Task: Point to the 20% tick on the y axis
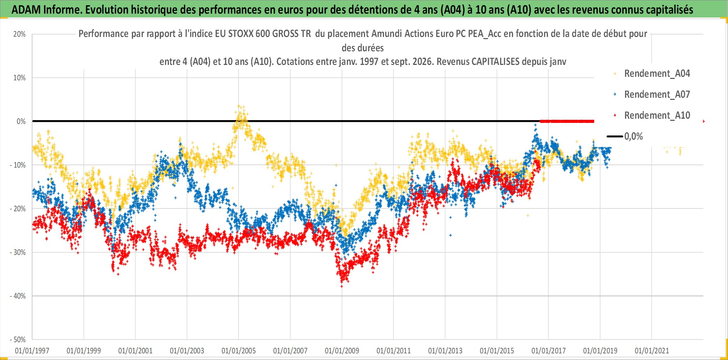pos(20,34)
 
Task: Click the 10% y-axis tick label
pos(20,78)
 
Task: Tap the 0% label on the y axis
pos(21,122)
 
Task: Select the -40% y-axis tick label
pos(18,296)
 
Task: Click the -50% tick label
pos(18,340)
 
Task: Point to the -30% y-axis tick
pos(18,252)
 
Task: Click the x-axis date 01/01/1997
pos(32,351)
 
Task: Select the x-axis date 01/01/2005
pos(239,351)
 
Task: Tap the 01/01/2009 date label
pos(342,351)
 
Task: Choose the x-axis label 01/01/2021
pos(652,351)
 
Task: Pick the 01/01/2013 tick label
pos(445,351)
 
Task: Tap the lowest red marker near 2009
pos(342,286)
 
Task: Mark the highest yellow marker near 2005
pos(239,106)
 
